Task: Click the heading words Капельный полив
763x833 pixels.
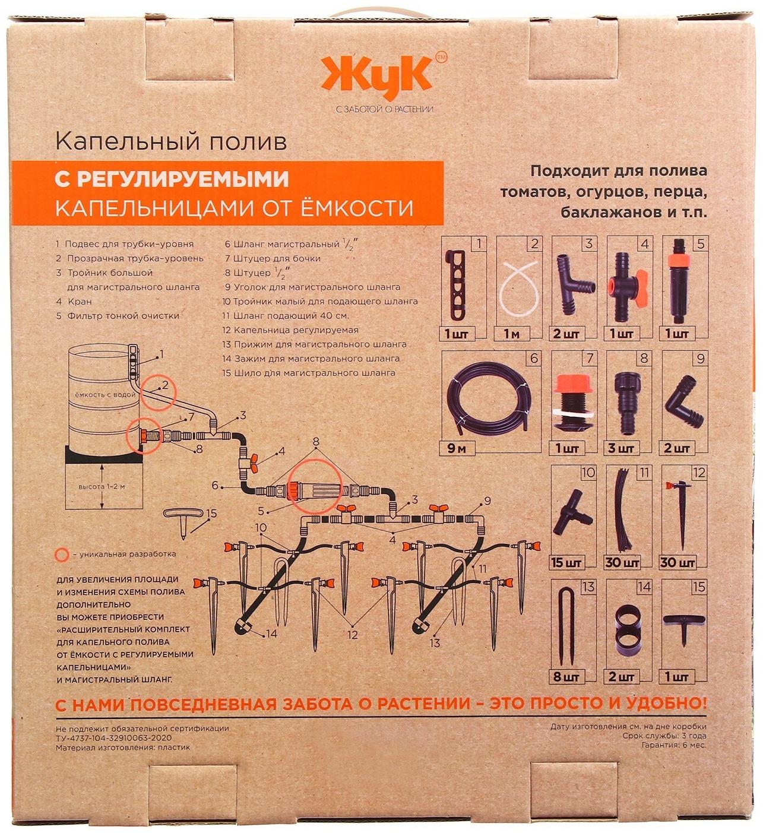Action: click(x=170, y=142)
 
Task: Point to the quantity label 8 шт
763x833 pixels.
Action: click(x=567, y=676)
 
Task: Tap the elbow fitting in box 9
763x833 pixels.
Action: click(x=685, y=404)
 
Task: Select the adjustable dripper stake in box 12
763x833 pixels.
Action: click(x=680, y=511)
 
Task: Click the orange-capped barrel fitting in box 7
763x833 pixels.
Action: click(x=569, y=401)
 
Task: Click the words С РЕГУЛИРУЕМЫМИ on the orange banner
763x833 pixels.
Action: click(x=172, y=179)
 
